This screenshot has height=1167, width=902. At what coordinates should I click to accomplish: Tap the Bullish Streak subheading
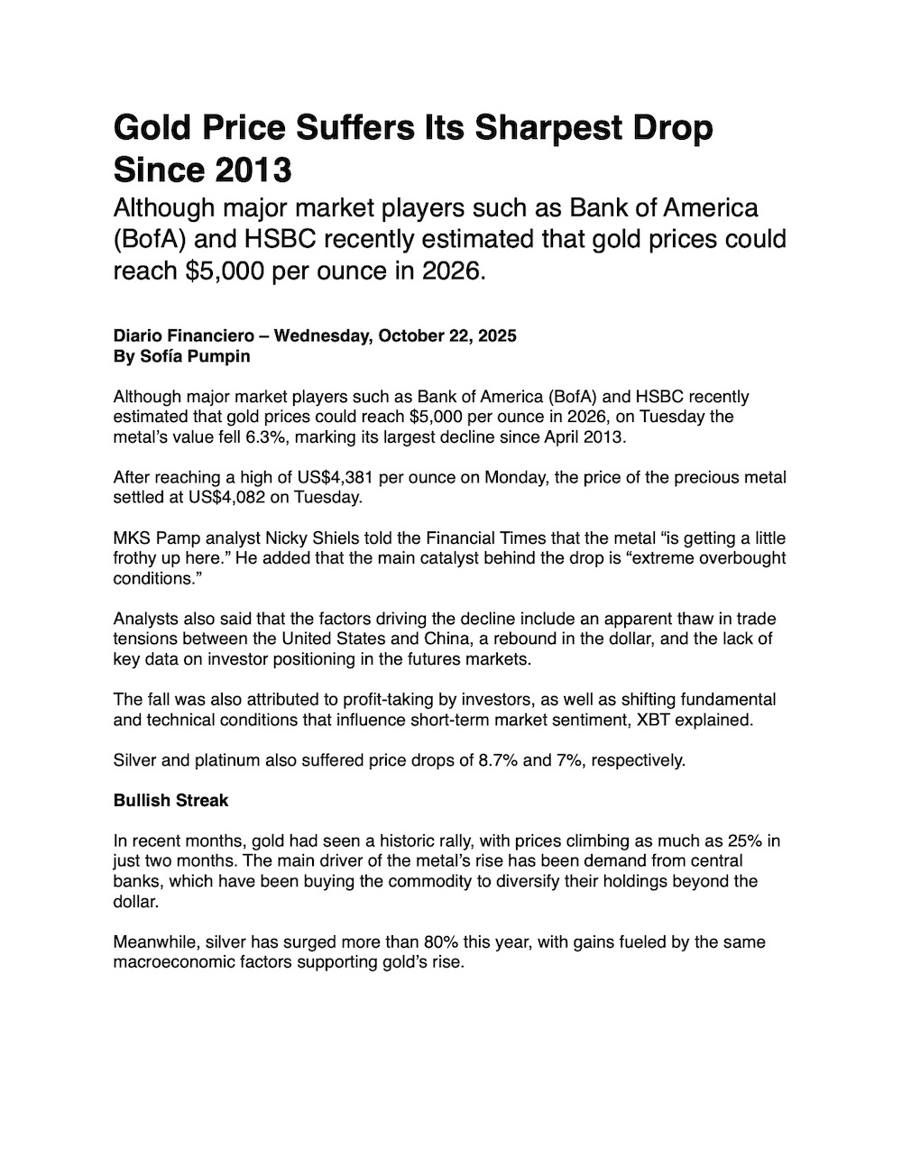[170, 801]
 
